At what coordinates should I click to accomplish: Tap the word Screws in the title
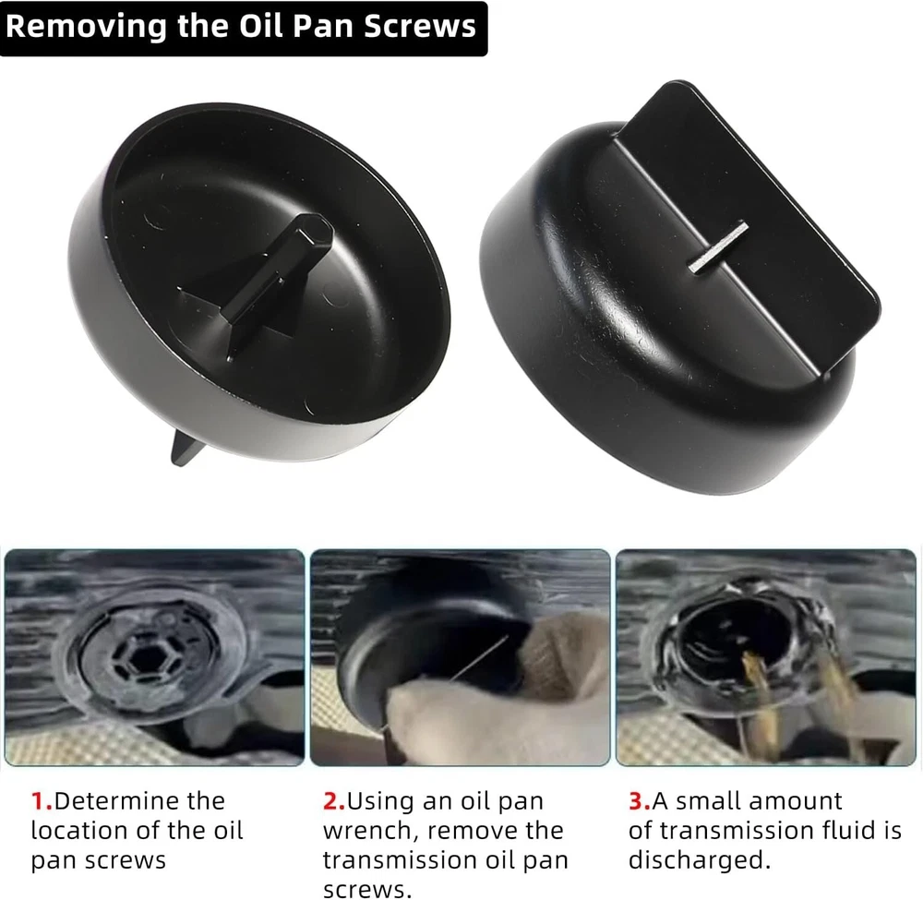coord(420,27)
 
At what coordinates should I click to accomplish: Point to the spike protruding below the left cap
coord(185,448)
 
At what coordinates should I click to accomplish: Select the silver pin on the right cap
coord(719,247)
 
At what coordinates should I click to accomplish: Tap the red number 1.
coord(42,801)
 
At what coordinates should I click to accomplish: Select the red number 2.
coord(334,801)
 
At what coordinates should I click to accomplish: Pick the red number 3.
coord(640,801)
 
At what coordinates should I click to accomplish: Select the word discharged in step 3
coord(700,860)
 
